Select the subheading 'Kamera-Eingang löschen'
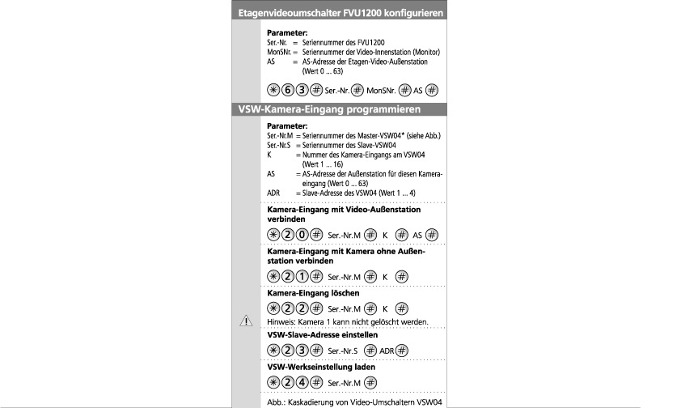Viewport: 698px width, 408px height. [313, 293]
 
